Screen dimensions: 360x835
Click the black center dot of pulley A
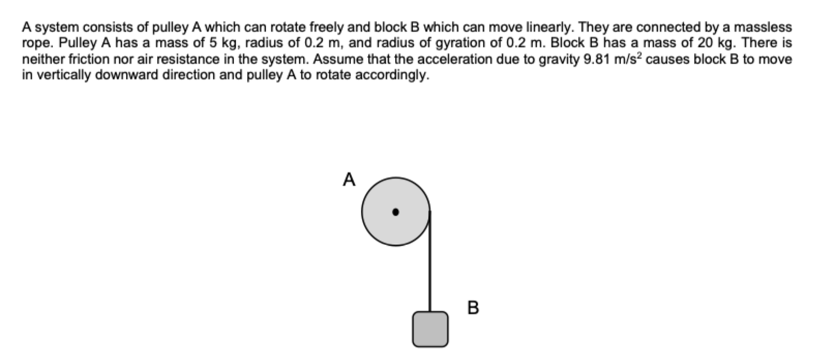(395, 212)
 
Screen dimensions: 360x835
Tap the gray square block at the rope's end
(430, 328)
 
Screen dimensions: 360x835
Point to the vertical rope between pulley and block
(430, 264)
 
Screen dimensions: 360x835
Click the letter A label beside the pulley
(350, 179)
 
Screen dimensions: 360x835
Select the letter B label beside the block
(472, 308)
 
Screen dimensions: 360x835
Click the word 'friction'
(86, 59)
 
